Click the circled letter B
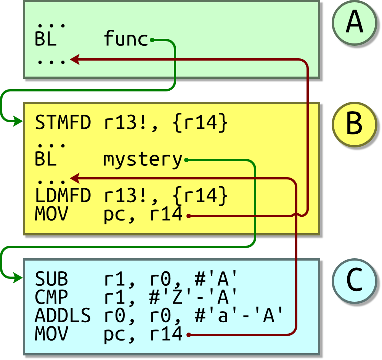pyautogui.click(x=355, y=124)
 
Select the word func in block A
pyautogui.click(x=126, y=39)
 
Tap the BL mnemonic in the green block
pyautogui.click(x=45, y=39)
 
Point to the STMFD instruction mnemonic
pyautogui.click(x=63, y=123)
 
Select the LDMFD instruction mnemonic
pyautogui.click(x=63, y=196)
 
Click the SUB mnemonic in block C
pyautogui.click(x=51, y=279)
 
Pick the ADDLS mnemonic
pyautogui.click(x=63, y=316)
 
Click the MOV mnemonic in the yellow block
pyautogui.click(x=51, y=215)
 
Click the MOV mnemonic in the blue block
pyautogui.click(x=51, y=334)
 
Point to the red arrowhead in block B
pyautogui.click(x=75, y=178)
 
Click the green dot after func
pyautogui.click(x=152, y=39)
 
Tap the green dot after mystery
pyautogui.click(x=186, y=160)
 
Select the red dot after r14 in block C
pyautogui.click(x=188, y=335)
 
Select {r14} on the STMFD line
pyautogui.click(x=200, y=123)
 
